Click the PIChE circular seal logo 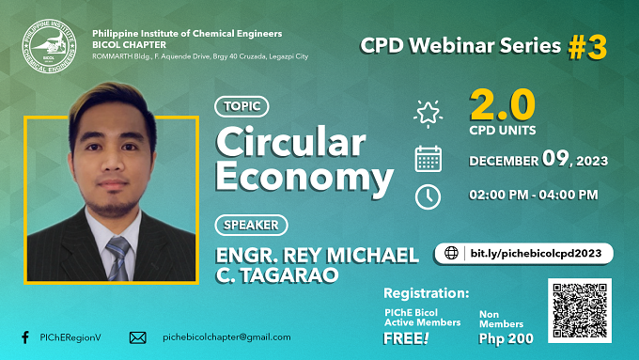point(49,46)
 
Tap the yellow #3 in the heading point(587,47)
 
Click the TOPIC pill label point(242,106)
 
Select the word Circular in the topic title point(290,142)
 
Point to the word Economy point(304,177)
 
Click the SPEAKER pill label point(251,225)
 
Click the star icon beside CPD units point(428,114)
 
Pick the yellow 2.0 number point(502,104)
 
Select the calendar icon point(428,159)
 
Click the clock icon point(428,197)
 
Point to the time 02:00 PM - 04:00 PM point(534,195)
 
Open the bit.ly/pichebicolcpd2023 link point(536,253)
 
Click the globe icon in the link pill point(451,253)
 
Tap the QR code point(580,311)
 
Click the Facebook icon point(25,337)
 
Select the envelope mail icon point(138,337)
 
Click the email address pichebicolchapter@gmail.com point(226,337)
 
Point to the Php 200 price point(506,338)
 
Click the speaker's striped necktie point(118,258)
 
